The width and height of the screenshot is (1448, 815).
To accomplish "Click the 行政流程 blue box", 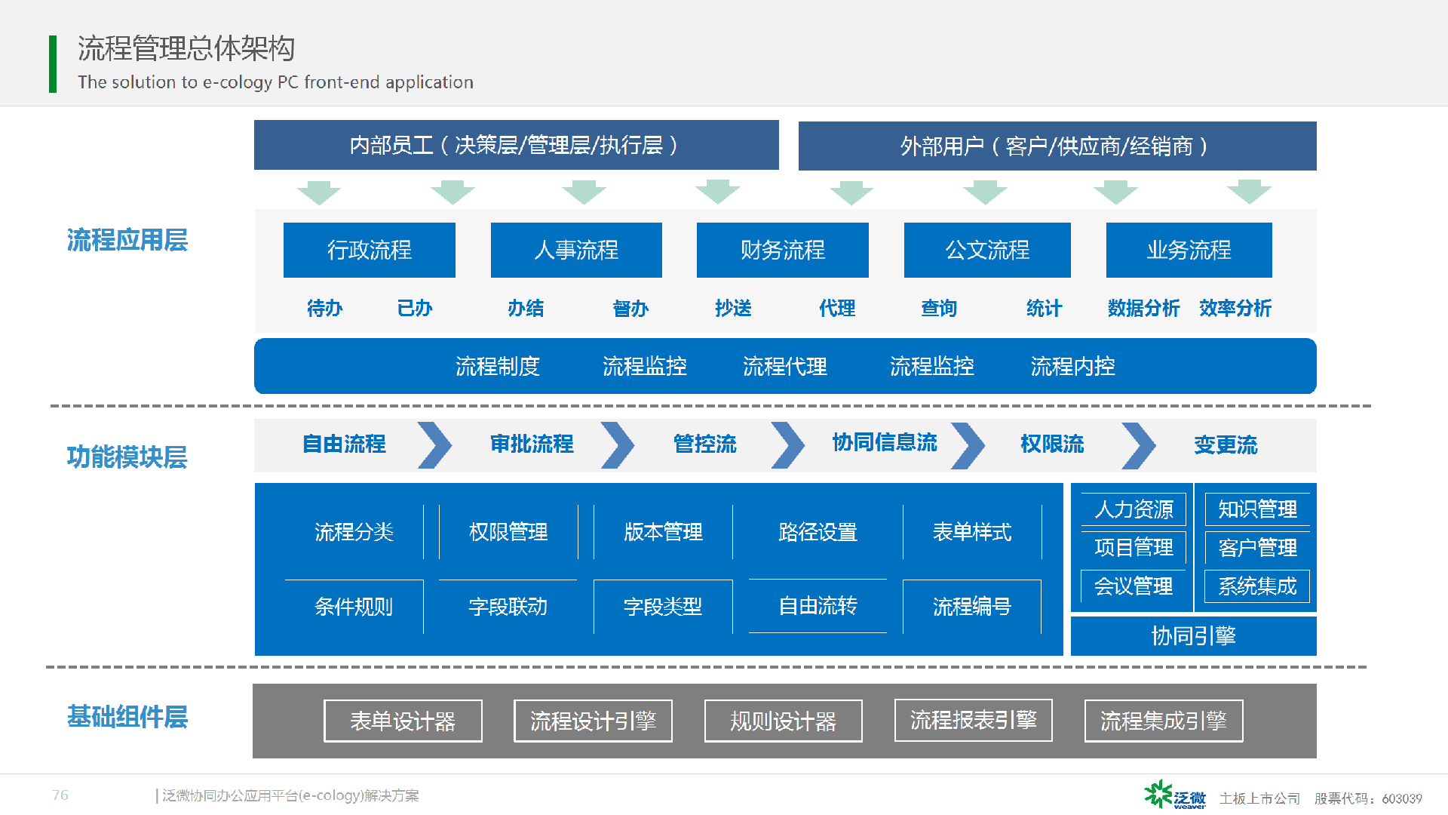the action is [370, 250].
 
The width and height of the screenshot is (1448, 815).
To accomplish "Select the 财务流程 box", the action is [783, 250].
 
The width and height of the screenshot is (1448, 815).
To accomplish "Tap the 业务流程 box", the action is [1189, 250].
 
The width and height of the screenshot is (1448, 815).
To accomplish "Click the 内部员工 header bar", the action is [517, 145].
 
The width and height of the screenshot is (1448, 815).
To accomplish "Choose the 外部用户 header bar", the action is [1057, 146].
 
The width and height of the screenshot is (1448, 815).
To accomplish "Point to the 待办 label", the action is [325, 308].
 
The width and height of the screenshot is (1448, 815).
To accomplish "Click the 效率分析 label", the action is [1235, 308].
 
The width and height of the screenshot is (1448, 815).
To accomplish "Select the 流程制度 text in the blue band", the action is [498, 366].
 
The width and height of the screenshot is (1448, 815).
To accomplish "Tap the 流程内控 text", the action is [1072, 366].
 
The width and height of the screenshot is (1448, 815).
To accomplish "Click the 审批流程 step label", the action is [532, 444].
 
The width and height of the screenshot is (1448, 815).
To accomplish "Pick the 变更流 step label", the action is [1226, 445].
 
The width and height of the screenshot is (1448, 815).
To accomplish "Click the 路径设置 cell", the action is [818, 532].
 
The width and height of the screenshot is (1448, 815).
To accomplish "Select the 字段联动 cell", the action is [508, 607].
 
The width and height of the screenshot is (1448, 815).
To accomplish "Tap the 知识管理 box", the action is [1257, 509].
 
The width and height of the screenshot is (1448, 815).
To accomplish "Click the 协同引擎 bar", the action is [1194, 636].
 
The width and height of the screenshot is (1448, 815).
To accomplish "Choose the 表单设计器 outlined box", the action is [403, 721].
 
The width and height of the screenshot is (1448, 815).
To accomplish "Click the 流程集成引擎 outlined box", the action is [1164, 721].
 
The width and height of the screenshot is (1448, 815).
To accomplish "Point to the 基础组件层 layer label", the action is [127, 717].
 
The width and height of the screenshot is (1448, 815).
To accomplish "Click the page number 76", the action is [60, 795].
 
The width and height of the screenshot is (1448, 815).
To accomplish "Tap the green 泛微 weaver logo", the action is [1175, 795].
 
